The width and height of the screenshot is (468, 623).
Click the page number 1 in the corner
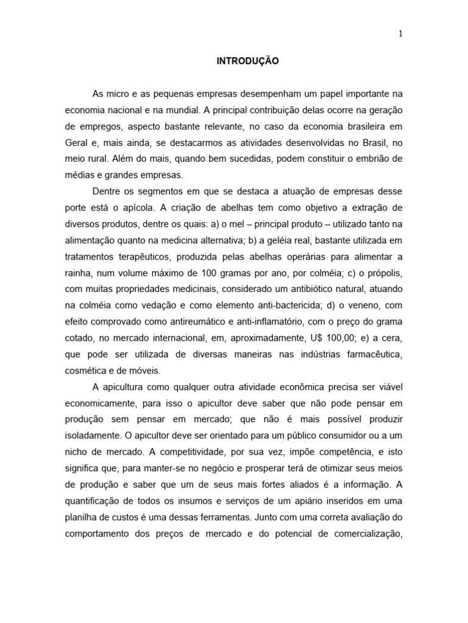[x=400, y=35]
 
